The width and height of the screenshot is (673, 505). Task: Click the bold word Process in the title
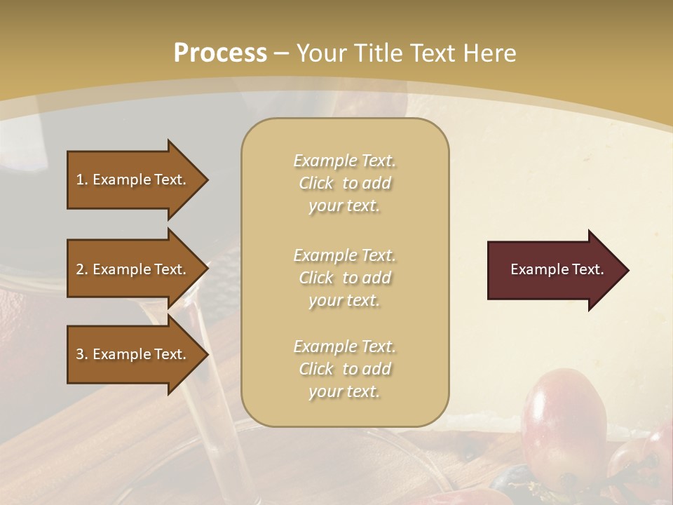(220, 53)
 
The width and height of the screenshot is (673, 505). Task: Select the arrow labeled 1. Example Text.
(133, 180)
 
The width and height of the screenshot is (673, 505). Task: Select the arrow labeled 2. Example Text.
(133, 269)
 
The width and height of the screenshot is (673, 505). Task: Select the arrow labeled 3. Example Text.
(133, 354)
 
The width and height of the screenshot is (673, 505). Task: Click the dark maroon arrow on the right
(554, 270)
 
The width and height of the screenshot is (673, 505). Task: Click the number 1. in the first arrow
(81, 180)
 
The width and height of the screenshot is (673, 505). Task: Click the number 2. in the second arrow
(81, 269)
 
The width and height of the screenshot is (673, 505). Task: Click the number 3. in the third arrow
(81, 354)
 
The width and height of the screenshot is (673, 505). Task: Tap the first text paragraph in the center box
(344, 183)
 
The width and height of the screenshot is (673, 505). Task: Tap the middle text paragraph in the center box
(344, 278)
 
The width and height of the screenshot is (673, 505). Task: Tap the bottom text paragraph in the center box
(344, 369)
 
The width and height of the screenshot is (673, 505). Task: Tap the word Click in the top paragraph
(316, 183)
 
